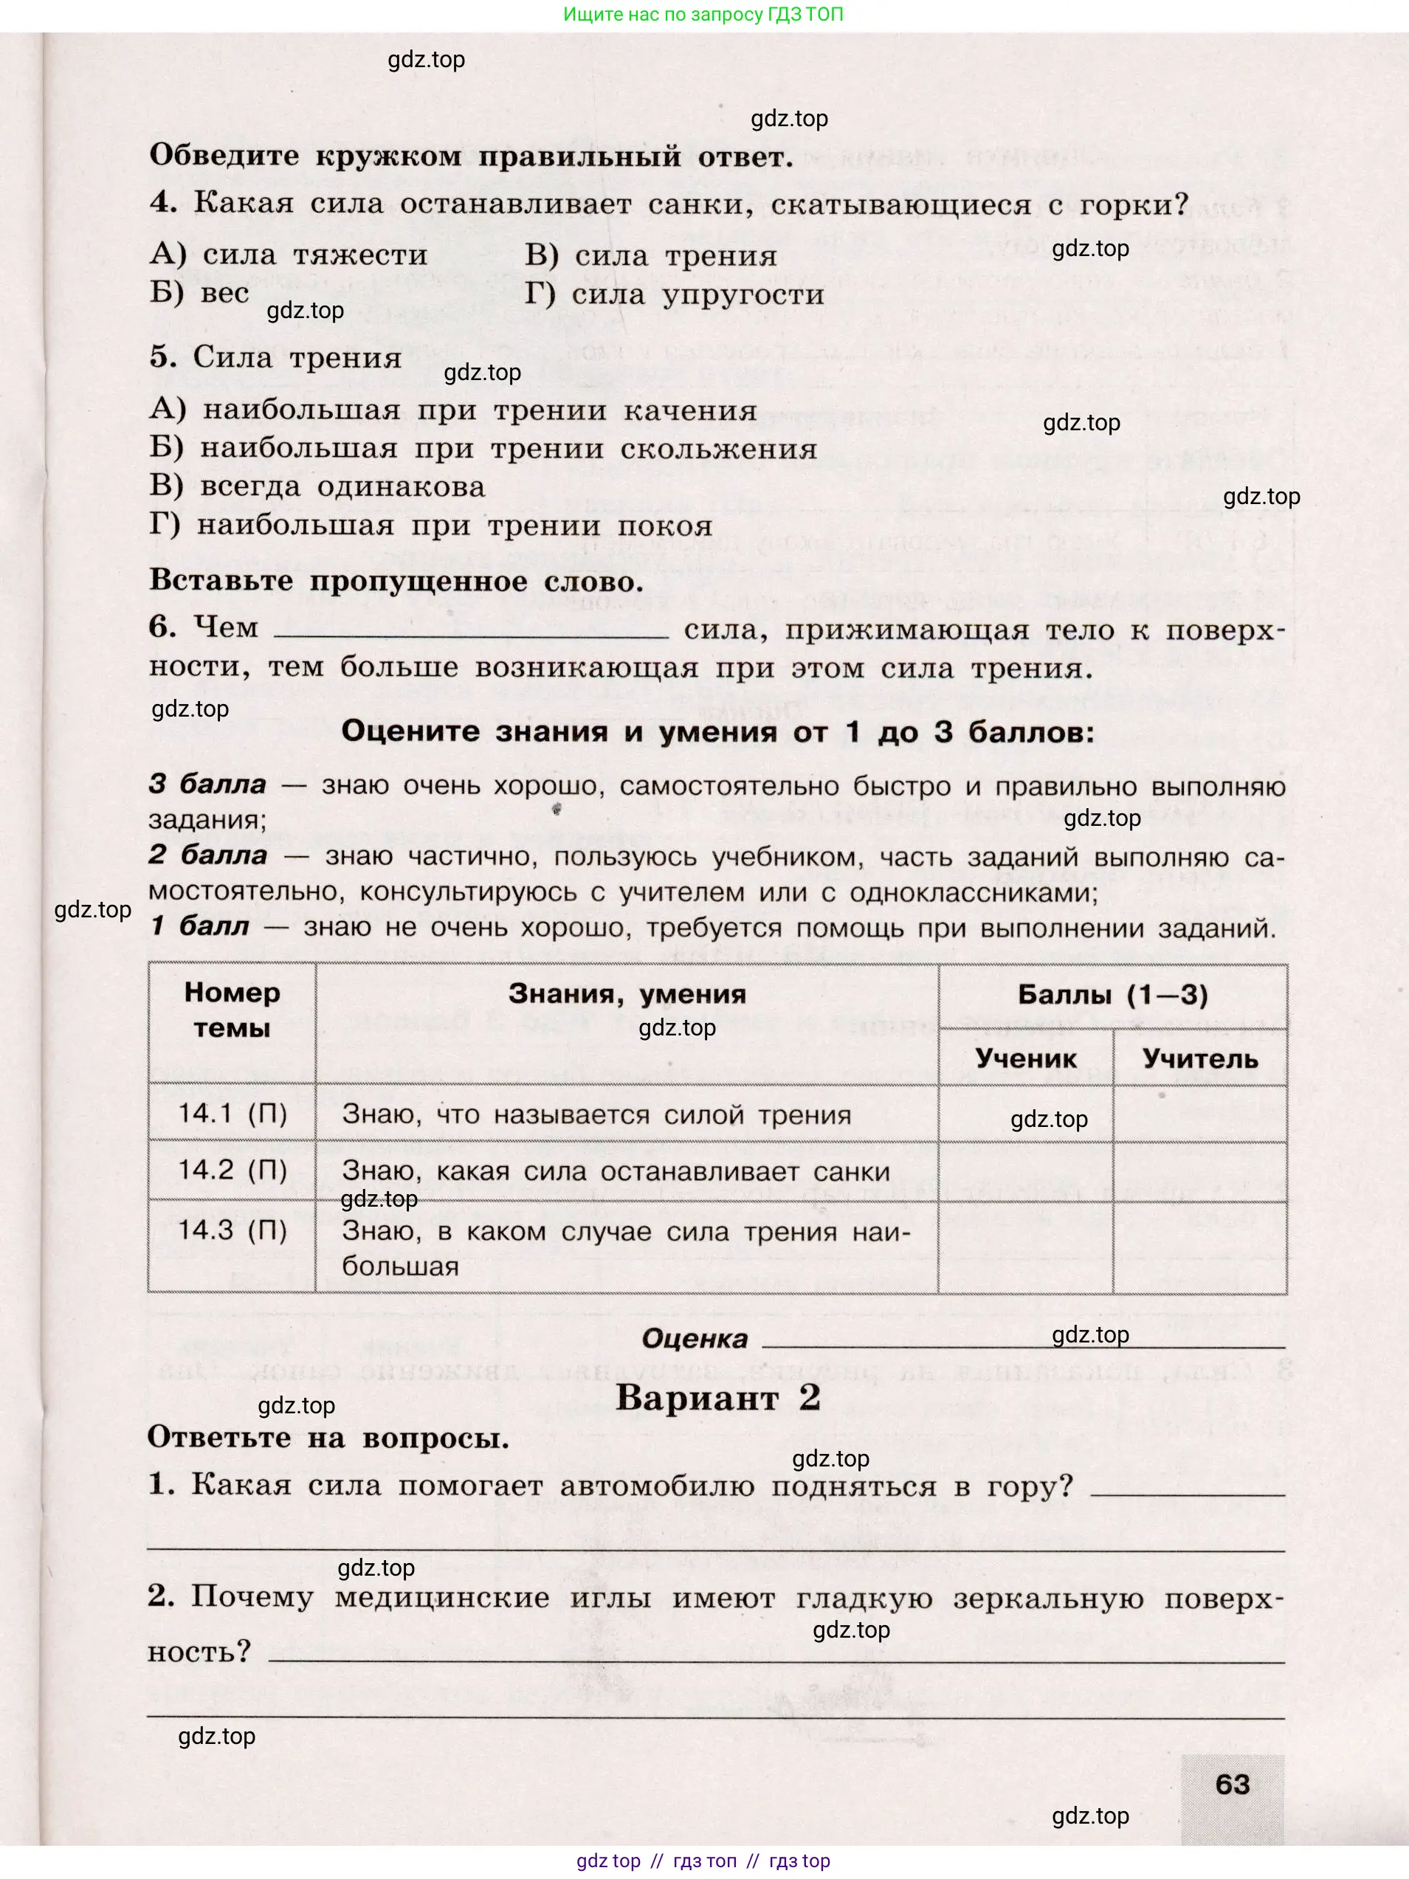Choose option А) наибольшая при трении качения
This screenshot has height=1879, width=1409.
click(452, 411)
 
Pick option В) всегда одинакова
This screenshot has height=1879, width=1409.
click(317, 488)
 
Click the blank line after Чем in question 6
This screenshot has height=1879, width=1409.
click(472, 629)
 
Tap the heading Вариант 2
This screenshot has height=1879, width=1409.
click(717, 1397)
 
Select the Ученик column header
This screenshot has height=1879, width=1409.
click(1025, 1058)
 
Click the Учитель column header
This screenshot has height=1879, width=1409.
click(1199, 1058)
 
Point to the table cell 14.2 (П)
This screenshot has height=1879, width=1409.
click(232, 1170)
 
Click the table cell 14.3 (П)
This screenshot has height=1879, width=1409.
click(232, 1230)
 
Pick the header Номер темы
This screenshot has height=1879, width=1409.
click(232, 1010)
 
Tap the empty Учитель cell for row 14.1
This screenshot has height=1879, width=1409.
click(1199, 1114)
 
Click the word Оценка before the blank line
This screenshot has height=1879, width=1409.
click(694, 1340)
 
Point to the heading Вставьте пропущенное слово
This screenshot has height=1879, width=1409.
click(396, 581)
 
